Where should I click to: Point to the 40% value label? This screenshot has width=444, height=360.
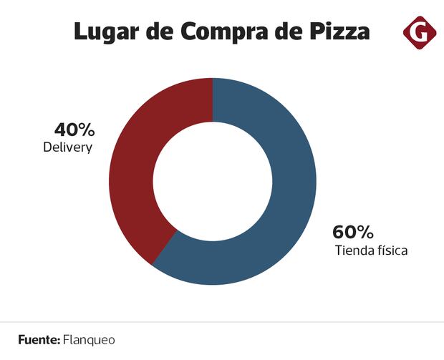(74, 130)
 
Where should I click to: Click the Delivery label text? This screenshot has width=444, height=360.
(68, 148)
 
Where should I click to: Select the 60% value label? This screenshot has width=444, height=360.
(352, 233)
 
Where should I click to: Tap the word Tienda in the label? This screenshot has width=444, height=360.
(353, 251)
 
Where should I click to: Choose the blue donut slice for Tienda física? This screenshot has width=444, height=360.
(286, 193)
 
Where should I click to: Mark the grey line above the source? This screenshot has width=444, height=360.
(222, 322)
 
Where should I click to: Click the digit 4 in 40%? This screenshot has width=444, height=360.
(60, 130)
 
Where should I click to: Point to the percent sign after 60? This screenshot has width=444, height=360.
(365, 233)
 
